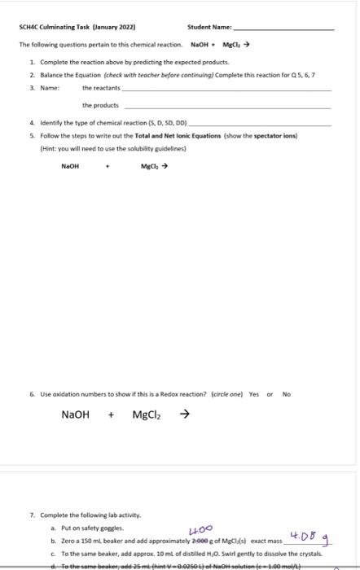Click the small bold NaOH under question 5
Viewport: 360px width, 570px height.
tap(71, 167)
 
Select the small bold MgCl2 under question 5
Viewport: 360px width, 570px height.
tap(149, 167)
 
